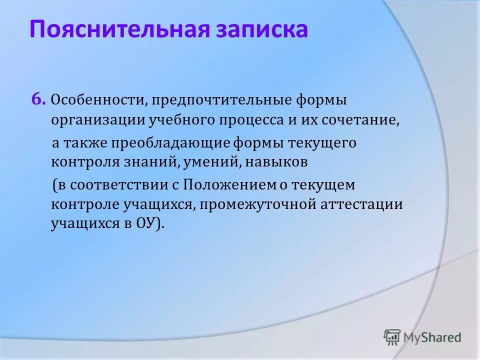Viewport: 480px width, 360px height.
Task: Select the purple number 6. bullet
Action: (x=39, y=99)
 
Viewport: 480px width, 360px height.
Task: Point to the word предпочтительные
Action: (x=221, y=101)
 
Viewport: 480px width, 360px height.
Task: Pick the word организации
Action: (x=98, y=120)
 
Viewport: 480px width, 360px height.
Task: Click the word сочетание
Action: (x=360, y=120)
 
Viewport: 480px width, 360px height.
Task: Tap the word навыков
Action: (x=276, y=162)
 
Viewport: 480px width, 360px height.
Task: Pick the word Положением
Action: (x=229, y=185)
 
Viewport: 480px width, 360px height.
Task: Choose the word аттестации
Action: (x=361, y=204)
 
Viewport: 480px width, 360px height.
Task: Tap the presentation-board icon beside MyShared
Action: (x=392, y=337)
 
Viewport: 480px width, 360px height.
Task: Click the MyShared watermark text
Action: (x=432, y=337)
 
